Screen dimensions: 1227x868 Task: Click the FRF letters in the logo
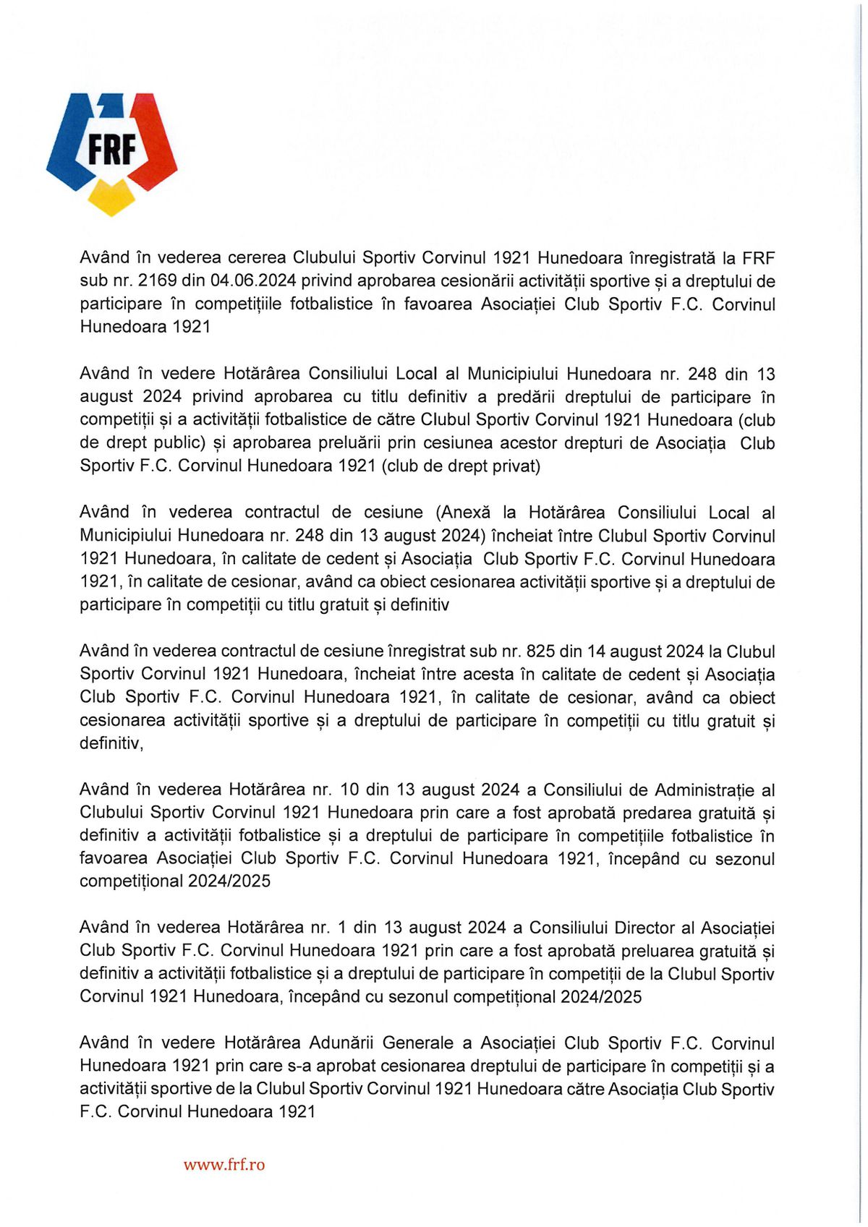point(112,150)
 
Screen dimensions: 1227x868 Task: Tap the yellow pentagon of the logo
point(111,197)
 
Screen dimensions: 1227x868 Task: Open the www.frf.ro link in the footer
point(224,1165)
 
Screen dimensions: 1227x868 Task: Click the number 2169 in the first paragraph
point(158,281)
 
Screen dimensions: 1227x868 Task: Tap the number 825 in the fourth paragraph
point(540,651)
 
